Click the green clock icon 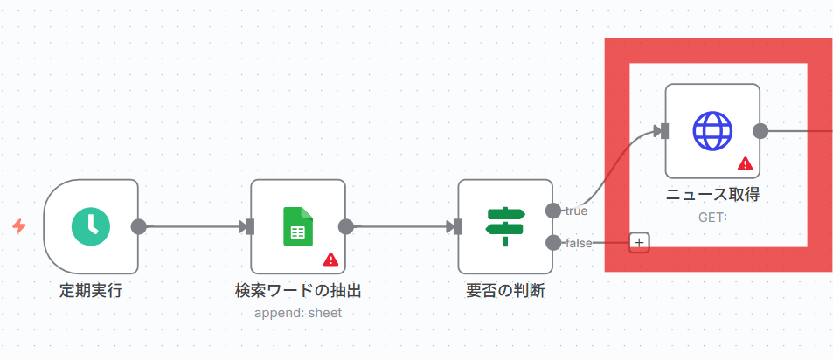(91, 226)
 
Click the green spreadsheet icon (297, 226)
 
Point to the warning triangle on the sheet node (330, 259)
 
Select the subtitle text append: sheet (298, 312)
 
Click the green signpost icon (505, 226)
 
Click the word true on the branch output (576, 211)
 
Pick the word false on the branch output (579, 242)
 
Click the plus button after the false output (639, 242)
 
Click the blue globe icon (712, 131)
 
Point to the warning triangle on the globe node (746, 163)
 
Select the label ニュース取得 (712, 195)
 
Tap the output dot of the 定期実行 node (138, 226)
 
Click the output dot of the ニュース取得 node (760, 131)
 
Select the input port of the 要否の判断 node (457, 226)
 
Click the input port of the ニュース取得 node (664, 131)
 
